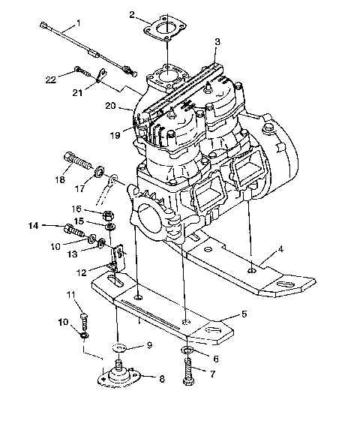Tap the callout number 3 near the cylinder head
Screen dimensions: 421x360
pyautogui.click(x=217, y=42)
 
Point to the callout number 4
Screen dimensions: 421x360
pyautogui.click(x=280, y=248)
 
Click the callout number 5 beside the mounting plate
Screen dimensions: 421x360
pyautogui.click(x=244, y=314)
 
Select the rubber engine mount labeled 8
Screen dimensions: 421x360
pyautogui.click(x=118, y=375)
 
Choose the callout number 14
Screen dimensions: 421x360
pyautogui.click(x=33, y=225)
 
